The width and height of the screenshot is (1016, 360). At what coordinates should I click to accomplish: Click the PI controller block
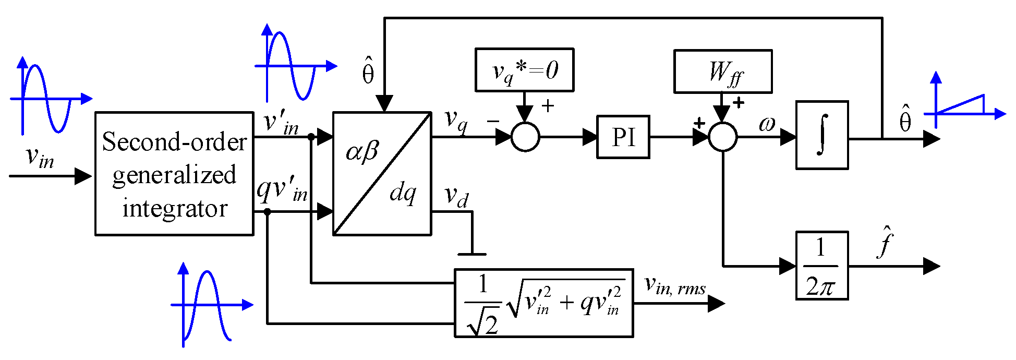[623, 137]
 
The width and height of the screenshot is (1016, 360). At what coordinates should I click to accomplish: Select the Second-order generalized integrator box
[174, 174]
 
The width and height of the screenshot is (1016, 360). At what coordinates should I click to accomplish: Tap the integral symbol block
[822, 135]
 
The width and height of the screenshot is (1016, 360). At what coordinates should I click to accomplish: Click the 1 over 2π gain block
[822, 266]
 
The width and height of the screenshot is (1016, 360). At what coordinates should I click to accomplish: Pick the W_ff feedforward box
[723, 71]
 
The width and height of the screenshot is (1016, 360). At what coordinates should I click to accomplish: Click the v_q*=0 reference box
[524, 70]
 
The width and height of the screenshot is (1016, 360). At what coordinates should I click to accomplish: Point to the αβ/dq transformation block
[382, 174]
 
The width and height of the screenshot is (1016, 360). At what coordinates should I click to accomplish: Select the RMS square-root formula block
[543, 303]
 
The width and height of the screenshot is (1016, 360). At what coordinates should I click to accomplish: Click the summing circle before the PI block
[525, 137]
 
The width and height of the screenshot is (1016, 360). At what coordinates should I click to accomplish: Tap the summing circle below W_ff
[723, 137]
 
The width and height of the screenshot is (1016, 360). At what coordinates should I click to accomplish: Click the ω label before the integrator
[767, 124]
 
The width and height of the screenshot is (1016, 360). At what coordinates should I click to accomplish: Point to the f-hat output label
[885, 242]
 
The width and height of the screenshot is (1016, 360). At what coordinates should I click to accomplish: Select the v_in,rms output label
[675, 286]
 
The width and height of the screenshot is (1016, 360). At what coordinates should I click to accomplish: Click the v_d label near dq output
[456, 197]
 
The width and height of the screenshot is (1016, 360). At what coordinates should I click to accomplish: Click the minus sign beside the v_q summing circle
[493, 121]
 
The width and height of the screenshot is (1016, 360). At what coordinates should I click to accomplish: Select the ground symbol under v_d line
[472, 254]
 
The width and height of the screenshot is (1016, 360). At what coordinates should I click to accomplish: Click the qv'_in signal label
[282, 190]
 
